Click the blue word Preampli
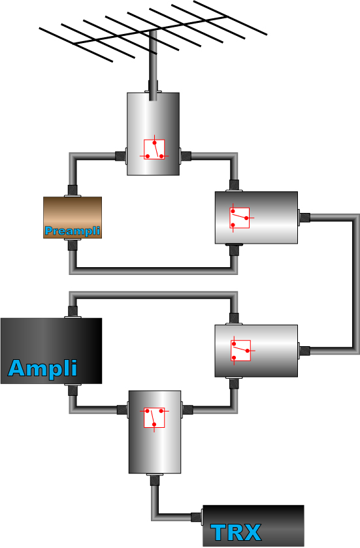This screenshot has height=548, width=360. pos(73,231)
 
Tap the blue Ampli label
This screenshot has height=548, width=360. pos(42,368)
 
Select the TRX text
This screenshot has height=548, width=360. pos(237,532)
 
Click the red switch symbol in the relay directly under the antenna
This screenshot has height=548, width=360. pos(154,149)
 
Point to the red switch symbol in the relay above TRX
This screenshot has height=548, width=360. pos(154,417)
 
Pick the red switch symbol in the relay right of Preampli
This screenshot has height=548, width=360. pos(240,218)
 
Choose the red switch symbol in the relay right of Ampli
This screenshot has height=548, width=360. pos(242,351)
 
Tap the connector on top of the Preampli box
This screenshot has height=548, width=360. pos(73,191)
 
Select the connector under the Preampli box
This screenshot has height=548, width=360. pos(73,244)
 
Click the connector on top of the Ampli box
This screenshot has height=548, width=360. pos(73,312)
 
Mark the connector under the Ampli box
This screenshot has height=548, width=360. pos(73,390)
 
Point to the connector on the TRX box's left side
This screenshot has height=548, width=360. pos(197,517)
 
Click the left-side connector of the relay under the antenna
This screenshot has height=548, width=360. pos(121,156)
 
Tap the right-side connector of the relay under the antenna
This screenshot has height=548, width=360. pos(186,156)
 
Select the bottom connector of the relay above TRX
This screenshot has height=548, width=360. pos(155,479)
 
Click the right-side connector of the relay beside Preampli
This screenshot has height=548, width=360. pos(304,217)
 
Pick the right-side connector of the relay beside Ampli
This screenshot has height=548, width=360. pos(304,351)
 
